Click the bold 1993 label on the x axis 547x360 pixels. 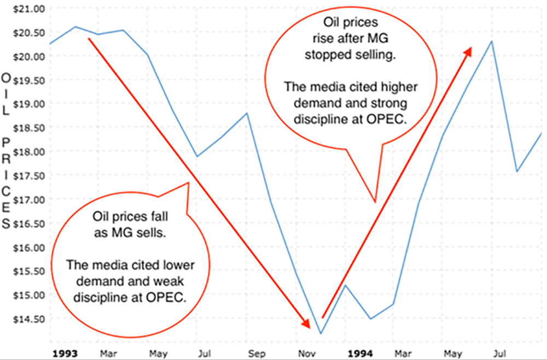pyautogui.click(x=65, y=353)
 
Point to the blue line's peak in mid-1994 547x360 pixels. pyautogui.click(x=492, y=42)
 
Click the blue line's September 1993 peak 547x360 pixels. pyautogui.click(x=247, y=113)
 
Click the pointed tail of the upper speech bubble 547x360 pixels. pyautogui.click(x=375, y=201)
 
